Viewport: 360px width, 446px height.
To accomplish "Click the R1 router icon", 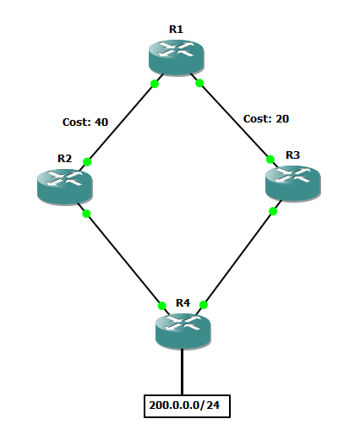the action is point(177,57).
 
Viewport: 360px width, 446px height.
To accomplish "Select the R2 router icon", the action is point(65,187).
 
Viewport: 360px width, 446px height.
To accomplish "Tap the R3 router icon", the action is point(293,184).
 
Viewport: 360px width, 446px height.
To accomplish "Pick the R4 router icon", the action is point(183,331).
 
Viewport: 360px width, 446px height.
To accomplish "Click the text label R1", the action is point(176,29).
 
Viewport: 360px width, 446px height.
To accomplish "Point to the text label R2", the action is point(64,159).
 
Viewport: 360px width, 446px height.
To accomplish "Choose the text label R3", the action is point(292,155).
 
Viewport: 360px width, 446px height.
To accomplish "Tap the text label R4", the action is point(183,303).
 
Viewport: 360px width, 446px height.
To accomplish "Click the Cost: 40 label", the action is point(85,122).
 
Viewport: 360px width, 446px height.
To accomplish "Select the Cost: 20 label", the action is point(266,118).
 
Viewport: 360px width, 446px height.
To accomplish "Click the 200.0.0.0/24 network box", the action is point(187,406).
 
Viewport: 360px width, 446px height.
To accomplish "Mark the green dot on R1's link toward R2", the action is point(155,84).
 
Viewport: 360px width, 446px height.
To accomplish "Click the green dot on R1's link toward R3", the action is point(199,83).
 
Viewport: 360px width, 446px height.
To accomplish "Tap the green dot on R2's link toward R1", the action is point(87,162).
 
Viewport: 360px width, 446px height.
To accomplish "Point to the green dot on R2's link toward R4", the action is point(86,214).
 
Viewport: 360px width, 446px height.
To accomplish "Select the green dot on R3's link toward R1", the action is point(270,160).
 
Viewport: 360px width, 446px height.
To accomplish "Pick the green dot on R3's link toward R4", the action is point(273,211).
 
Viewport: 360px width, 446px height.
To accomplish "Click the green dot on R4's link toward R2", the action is point(162,306).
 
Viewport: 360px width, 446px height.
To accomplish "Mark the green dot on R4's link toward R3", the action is point(204,305).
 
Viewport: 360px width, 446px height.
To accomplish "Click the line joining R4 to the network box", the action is point(183,372).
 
